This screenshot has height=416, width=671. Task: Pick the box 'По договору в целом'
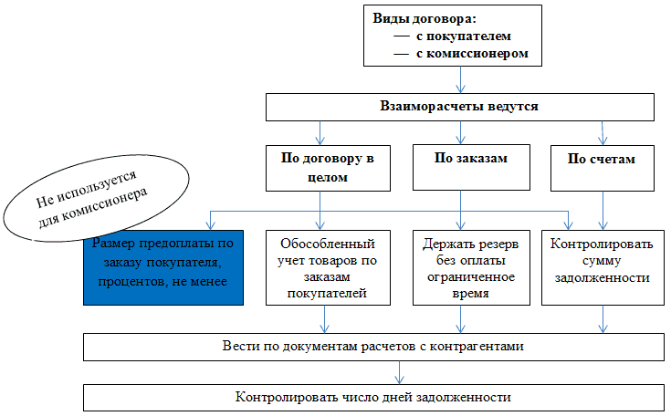321,167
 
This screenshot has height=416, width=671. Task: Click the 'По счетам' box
601,158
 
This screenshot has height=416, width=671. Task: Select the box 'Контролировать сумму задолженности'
601,261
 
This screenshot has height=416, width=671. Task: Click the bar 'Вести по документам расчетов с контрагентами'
372,348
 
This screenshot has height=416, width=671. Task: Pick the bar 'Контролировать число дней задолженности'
372,398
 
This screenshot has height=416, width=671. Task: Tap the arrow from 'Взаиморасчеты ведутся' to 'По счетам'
602,133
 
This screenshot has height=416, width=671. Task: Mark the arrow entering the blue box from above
209,220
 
